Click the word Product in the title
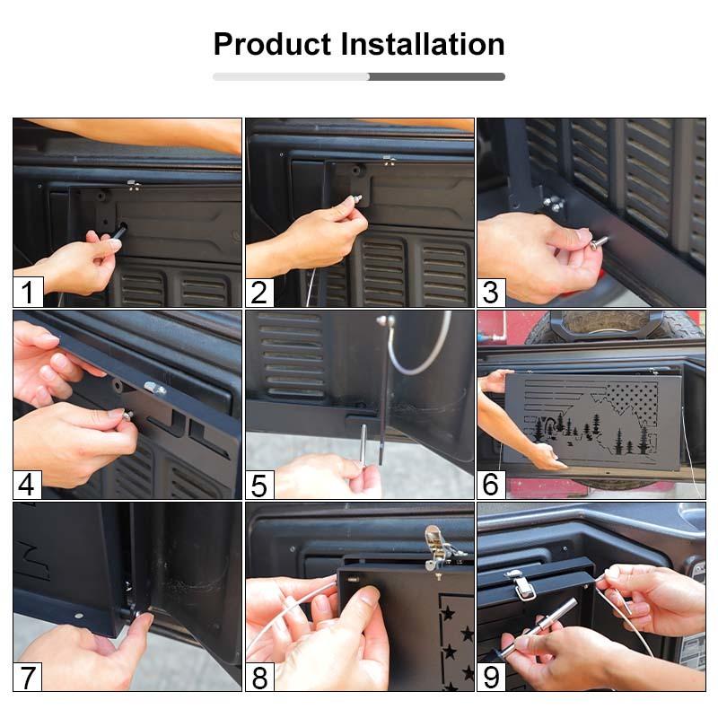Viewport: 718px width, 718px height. tap(272, 44)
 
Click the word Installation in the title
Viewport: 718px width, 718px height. tap(423, 44)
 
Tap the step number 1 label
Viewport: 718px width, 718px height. tap(28, 293)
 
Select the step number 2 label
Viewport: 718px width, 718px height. tap(259, 293)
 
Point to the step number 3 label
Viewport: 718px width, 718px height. tap(491, 293)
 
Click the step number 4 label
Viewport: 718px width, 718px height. tap(27, 485)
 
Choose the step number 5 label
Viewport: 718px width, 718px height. tap(259, 485)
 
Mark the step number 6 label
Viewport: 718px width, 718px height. tap(491, 485)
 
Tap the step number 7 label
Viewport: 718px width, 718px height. tap(28, 677)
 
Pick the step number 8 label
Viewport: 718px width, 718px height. tap(259, 677)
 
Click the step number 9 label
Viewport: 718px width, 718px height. tap(491, 677)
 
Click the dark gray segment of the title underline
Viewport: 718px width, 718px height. tap(437, 76)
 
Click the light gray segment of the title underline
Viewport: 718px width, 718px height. tap(291, 76)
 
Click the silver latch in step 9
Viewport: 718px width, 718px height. tap(521, 585)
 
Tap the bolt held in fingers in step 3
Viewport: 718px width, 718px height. tap(598, 242)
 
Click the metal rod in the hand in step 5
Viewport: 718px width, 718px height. tap(363, 444)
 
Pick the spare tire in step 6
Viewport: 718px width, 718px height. tap(615, 328)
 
